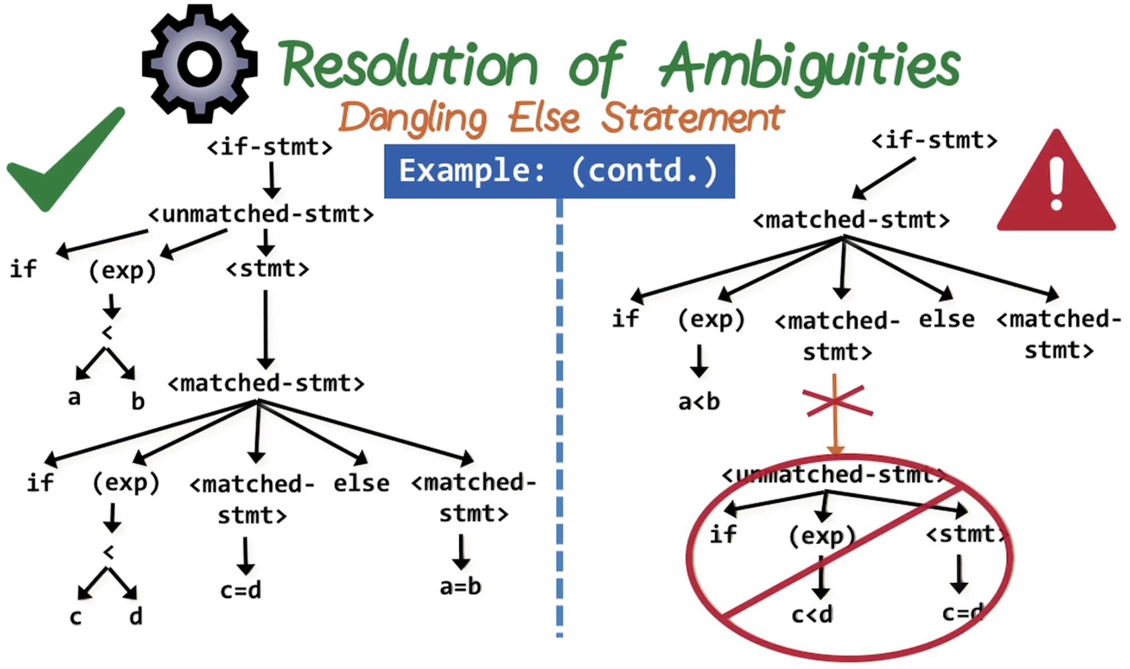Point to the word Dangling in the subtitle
pos(413,118)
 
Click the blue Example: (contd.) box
pos(559,172)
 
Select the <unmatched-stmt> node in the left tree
pos(261,215)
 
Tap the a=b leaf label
pos(460,587)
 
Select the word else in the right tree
pos(946,319)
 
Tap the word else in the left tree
pos(361,484)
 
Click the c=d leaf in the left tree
pos(241,590)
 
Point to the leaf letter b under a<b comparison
pos(137,402)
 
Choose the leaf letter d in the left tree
pos(136,616)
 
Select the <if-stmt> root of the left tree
pos(270,147)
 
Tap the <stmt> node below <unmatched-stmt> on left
pos(267,269)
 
